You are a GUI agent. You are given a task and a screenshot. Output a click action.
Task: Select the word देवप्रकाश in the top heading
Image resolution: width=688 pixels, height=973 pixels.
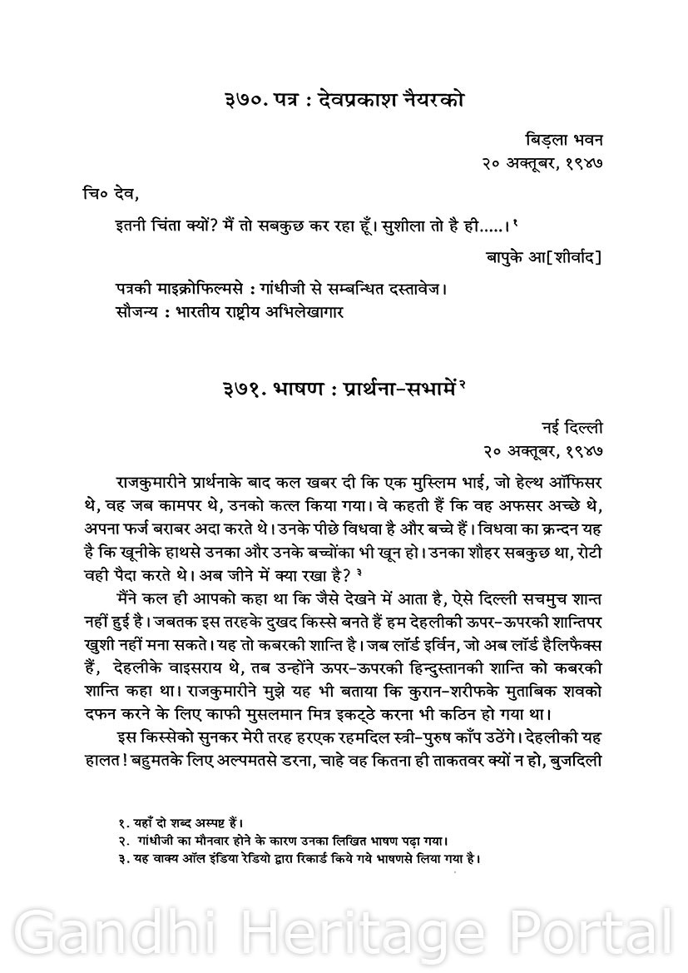(361, 102)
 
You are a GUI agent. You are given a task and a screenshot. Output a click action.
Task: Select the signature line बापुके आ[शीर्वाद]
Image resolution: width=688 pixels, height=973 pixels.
(543, 257)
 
